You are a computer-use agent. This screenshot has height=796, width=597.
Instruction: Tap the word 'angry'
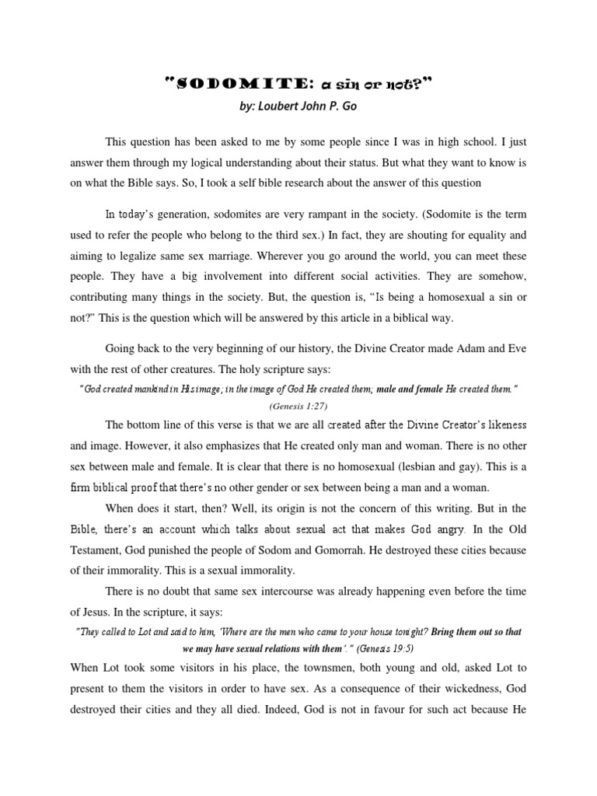[446, 529]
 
